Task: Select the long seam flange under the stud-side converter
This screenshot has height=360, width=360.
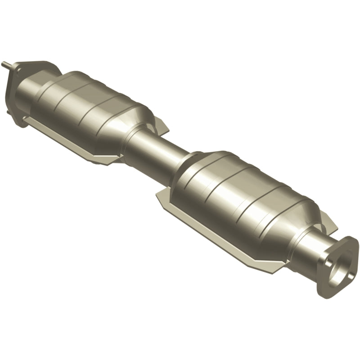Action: pyautogui.click(x=76, y=144)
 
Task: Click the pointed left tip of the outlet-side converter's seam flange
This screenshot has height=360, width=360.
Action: pyautogui.click(x=157, y=194)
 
